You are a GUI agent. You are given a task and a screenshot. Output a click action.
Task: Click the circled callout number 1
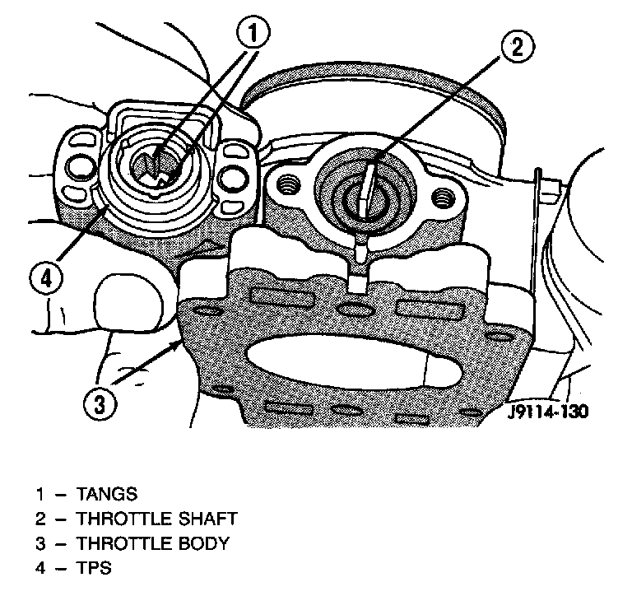tap(253, 33)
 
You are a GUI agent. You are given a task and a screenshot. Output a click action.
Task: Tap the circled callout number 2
tap(518, 47)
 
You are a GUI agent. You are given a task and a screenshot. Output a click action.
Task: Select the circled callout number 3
tap(100, 403)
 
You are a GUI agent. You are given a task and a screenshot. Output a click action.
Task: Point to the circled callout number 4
tap(47, 278)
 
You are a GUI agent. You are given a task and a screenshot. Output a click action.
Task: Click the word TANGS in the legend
tap(107, 494)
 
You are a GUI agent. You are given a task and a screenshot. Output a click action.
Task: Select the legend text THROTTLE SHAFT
tap(157, 519)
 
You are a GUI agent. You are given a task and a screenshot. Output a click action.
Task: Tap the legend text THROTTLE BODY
tap(153, 543)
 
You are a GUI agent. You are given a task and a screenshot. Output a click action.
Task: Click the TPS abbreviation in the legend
tap(94, 568)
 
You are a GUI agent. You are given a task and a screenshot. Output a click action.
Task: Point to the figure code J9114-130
tap(548, 412)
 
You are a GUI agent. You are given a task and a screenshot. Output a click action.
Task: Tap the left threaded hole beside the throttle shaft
tap(289, 184)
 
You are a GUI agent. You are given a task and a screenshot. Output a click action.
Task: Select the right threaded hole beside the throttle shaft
tap(443, 197)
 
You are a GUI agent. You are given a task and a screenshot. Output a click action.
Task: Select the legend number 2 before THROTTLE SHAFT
tap(40, 519)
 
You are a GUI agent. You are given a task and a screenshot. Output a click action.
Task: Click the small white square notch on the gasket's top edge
tap(357, 284)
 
